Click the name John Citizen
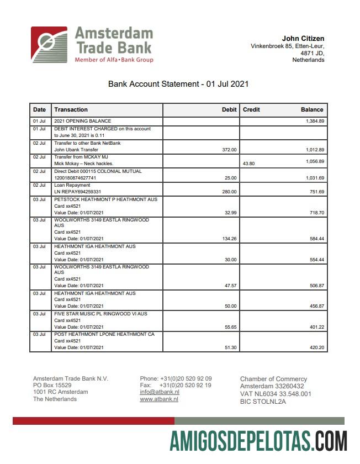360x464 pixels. [x=303, y=38]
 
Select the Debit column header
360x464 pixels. [x=229, y=109]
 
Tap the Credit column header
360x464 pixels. [x=251, y=109]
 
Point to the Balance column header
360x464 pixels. [x=312, y=109]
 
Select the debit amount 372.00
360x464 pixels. [x=229, y=150]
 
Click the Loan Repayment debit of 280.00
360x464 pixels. [x=229, y=192]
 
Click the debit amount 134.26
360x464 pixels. [x=228, y=239]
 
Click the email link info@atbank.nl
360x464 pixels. [x=159, y=392]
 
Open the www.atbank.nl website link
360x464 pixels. [x=159, y=399]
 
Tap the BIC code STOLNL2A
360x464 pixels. [x=263, y=402]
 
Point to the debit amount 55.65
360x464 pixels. [x=229, y=327]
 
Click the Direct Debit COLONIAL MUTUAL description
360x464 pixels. [x=98, y=171]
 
